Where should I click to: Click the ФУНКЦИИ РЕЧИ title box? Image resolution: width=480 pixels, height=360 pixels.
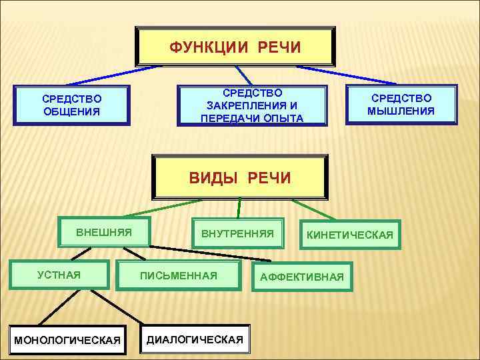(235, 47)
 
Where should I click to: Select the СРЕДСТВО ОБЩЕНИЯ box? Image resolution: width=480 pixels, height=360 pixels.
(71, 105)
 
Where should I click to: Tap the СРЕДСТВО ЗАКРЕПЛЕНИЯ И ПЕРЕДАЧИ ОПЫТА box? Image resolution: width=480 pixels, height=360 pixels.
(252, 105)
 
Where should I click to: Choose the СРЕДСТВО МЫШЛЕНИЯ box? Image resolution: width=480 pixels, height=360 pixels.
(401, 105)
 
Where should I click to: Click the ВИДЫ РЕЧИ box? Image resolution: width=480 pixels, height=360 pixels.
(240, 178)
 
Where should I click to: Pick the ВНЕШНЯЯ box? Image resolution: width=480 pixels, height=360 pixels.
(104, 233)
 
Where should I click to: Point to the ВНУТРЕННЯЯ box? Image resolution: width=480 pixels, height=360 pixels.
(237, 234)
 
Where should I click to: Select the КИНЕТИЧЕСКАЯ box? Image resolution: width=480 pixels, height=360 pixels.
(350, 235)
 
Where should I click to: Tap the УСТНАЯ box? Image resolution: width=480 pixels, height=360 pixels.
(59, 274)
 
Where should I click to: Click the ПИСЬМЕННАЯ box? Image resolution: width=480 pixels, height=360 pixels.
(178, 275)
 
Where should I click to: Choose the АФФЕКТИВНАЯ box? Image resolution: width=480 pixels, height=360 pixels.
(301, 277)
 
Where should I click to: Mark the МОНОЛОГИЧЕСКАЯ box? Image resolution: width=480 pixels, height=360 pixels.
(67, 340)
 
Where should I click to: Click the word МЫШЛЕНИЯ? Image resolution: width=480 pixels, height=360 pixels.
(401, 111)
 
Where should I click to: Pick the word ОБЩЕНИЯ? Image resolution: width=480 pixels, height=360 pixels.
(71, 111)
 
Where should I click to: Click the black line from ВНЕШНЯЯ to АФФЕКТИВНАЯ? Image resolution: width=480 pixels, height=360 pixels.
(200, 254)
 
